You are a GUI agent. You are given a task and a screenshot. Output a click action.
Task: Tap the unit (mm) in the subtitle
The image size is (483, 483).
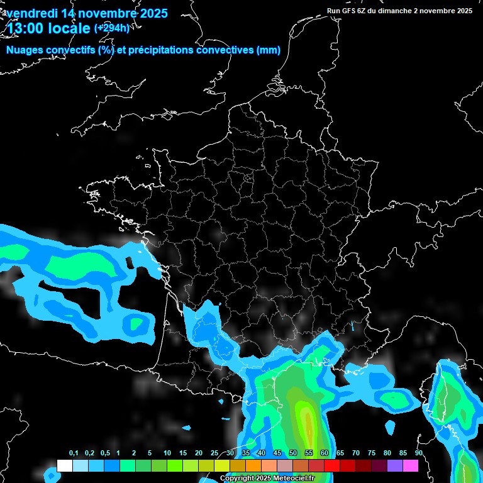[x=269, y=50]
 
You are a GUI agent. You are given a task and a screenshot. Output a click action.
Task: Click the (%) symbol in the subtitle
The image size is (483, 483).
[x=106, y=50]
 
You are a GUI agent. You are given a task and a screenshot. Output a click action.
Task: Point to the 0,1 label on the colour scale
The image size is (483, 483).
[x=74, y=453]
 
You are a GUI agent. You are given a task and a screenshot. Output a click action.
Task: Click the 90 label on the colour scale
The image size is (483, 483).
[x=418, y=453]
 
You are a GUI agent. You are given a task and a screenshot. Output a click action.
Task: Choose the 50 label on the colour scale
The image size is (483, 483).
[x=293, y=453]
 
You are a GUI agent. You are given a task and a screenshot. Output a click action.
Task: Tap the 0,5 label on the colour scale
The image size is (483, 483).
[x=104, y=453]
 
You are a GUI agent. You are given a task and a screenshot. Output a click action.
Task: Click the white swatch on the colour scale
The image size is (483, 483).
[x=65, y=465]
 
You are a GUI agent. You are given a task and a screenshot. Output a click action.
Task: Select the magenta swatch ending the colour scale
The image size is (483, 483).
[x=411, y=465]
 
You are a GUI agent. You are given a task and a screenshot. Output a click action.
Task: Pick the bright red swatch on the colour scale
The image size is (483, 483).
[x=332, y=465]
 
